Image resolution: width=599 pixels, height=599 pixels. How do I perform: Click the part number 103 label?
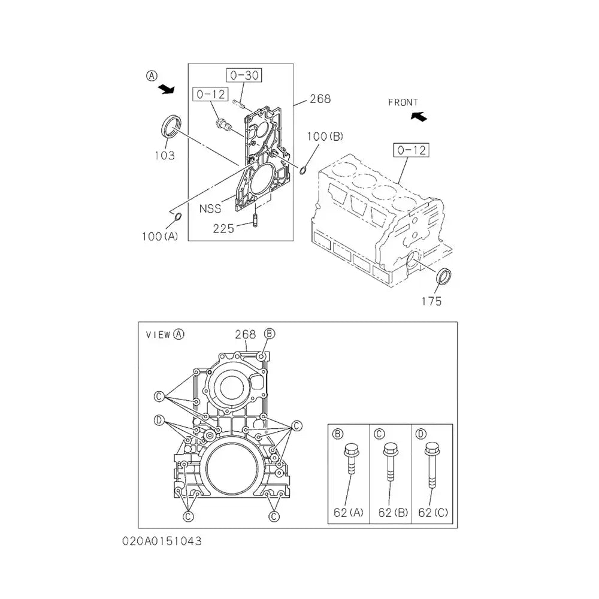[x=165, y=156]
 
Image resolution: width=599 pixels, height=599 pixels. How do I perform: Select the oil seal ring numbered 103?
[x=170, y=125]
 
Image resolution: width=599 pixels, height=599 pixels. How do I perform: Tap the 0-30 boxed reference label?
[x=244, y=75]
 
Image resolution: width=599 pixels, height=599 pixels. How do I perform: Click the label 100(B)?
[x=325, y=137]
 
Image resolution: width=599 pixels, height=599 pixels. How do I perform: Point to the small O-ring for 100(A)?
[x=178, y=217]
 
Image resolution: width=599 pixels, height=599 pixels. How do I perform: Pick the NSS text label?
[x=210, y=208]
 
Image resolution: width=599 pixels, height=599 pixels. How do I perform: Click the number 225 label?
[x=223, y=228]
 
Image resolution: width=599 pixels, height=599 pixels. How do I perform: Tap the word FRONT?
[x=403, y=102]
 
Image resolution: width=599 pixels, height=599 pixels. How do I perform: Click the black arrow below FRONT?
[x=419, y=116]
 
